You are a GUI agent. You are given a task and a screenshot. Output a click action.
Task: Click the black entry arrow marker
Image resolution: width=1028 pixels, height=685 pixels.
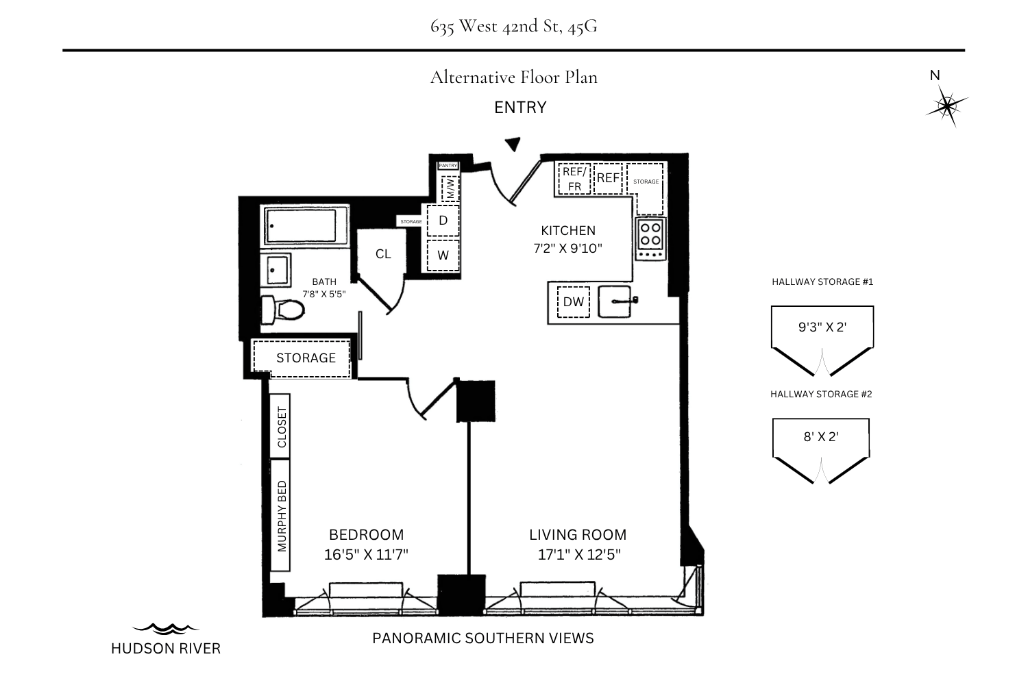coord(513,144)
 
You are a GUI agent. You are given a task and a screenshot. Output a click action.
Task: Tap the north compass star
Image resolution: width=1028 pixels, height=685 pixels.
coord(946,106)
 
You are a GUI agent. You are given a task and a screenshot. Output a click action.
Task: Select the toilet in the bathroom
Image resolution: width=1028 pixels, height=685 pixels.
coord(282,310)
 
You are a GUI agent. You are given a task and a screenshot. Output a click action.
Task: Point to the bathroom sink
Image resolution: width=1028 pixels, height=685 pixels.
coord(276,270)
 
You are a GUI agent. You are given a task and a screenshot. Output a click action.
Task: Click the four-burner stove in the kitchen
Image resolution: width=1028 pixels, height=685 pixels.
coord(651,240)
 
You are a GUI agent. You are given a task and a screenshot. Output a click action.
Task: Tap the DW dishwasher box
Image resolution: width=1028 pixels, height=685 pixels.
coord(573,301)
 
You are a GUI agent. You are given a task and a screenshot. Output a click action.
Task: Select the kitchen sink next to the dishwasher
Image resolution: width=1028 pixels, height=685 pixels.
coord(615,301)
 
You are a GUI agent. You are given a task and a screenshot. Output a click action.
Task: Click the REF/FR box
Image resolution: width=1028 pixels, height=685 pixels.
coord(574,179)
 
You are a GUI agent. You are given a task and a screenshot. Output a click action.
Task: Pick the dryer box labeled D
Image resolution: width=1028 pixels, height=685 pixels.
coord(443,221)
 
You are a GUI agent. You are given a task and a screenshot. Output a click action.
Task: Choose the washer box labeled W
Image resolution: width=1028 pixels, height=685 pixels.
coord(443,255)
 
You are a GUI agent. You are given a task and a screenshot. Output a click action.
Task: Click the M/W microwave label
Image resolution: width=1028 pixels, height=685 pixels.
coord(450,188)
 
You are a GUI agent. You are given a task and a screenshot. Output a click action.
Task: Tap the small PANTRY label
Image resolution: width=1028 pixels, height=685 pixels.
coord(448,166)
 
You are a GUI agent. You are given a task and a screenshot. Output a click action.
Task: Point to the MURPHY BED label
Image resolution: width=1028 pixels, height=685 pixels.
coord(282,516)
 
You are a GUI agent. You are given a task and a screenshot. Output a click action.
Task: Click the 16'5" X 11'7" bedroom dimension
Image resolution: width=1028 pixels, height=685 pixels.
coord(366,555)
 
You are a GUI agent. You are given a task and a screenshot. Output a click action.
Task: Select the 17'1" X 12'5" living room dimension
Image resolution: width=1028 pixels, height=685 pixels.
coord(579,555)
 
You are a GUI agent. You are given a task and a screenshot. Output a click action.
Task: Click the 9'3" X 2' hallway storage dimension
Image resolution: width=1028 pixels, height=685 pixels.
coord(822,327)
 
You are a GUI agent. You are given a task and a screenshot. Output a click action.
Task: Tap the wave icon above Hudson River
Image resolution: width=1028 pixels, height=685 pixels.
coord(166,629)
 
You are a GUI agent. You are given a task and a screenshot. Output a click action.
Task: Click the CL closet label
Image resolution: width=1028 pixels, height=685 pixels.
coord(383,253)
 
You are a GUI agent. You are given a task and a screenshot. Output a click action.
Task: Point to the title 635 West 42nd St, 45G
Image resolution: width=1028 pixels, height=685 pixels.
coord(514,26)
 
